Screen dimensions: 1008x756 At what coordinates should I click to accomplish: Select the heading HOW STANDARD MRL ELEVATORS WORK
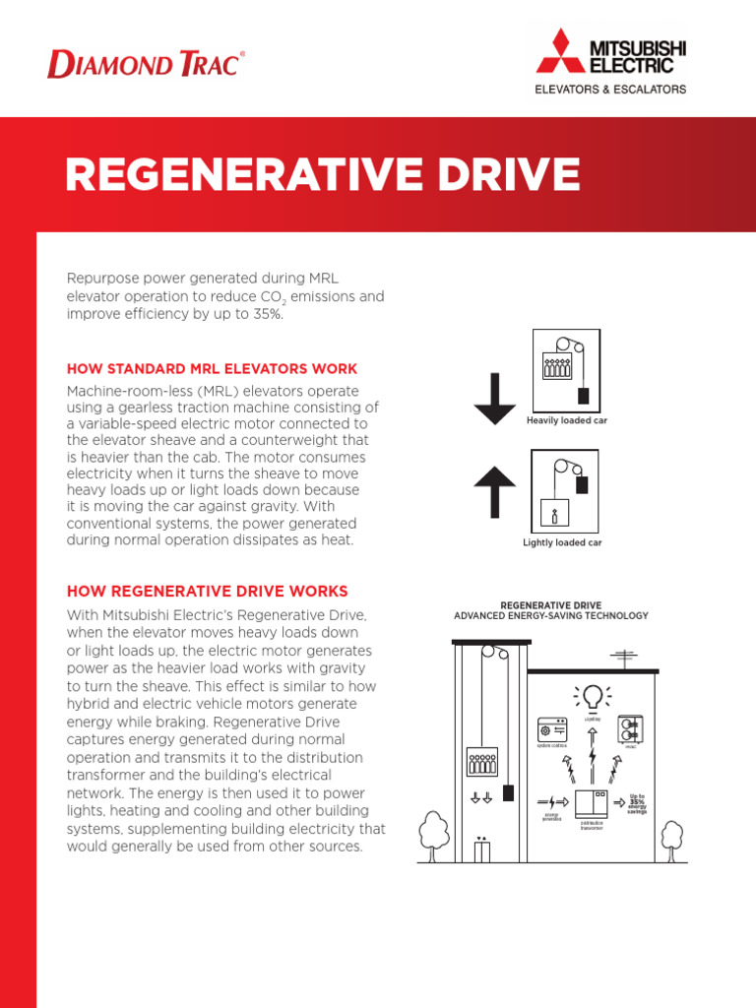[212, 369]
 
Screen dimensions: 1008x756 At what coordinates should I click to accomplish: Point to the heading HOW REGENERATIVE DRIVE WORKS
[207, 592]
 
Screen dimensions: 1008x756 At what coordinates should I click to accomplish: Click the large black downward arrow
[495, 399]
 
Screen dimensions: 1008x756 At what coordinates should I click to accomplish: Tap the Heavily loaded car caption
[565, 420]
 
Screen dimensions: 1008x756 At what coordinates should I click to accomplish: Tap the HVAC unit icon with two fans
[630, 730]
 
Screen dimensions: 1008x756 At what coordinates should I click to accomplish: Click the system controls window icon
[553, 730]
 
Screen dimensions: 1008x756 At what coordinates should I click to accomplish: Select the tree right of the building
[671, 837]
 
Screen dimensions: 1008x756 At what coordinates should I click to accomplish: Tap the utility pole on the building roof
[623, 658]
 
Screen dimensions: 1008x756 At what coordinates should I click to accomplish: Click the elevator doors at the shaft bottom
[481, 850]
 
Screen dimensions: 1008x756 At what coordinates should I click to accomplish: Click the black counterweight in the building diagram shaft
[508, 792]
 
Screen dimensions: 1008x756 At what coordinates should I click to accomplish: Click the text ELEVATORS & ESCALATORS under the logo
[610, 89]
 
